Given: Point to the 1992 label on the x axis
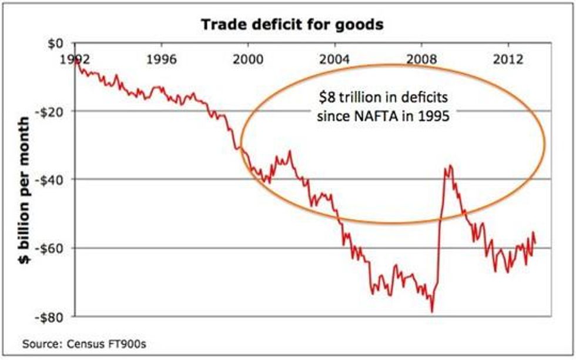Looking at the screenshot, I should pos(75,59).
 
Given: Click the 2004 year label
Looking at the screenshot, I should pos(336,59).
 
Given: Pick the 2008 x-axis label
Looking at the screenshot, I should pos(423,59).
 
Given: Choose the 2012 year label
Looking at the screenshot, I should pos(509,59).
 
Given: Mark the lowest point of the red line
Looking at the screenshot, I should pos(432,311).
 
